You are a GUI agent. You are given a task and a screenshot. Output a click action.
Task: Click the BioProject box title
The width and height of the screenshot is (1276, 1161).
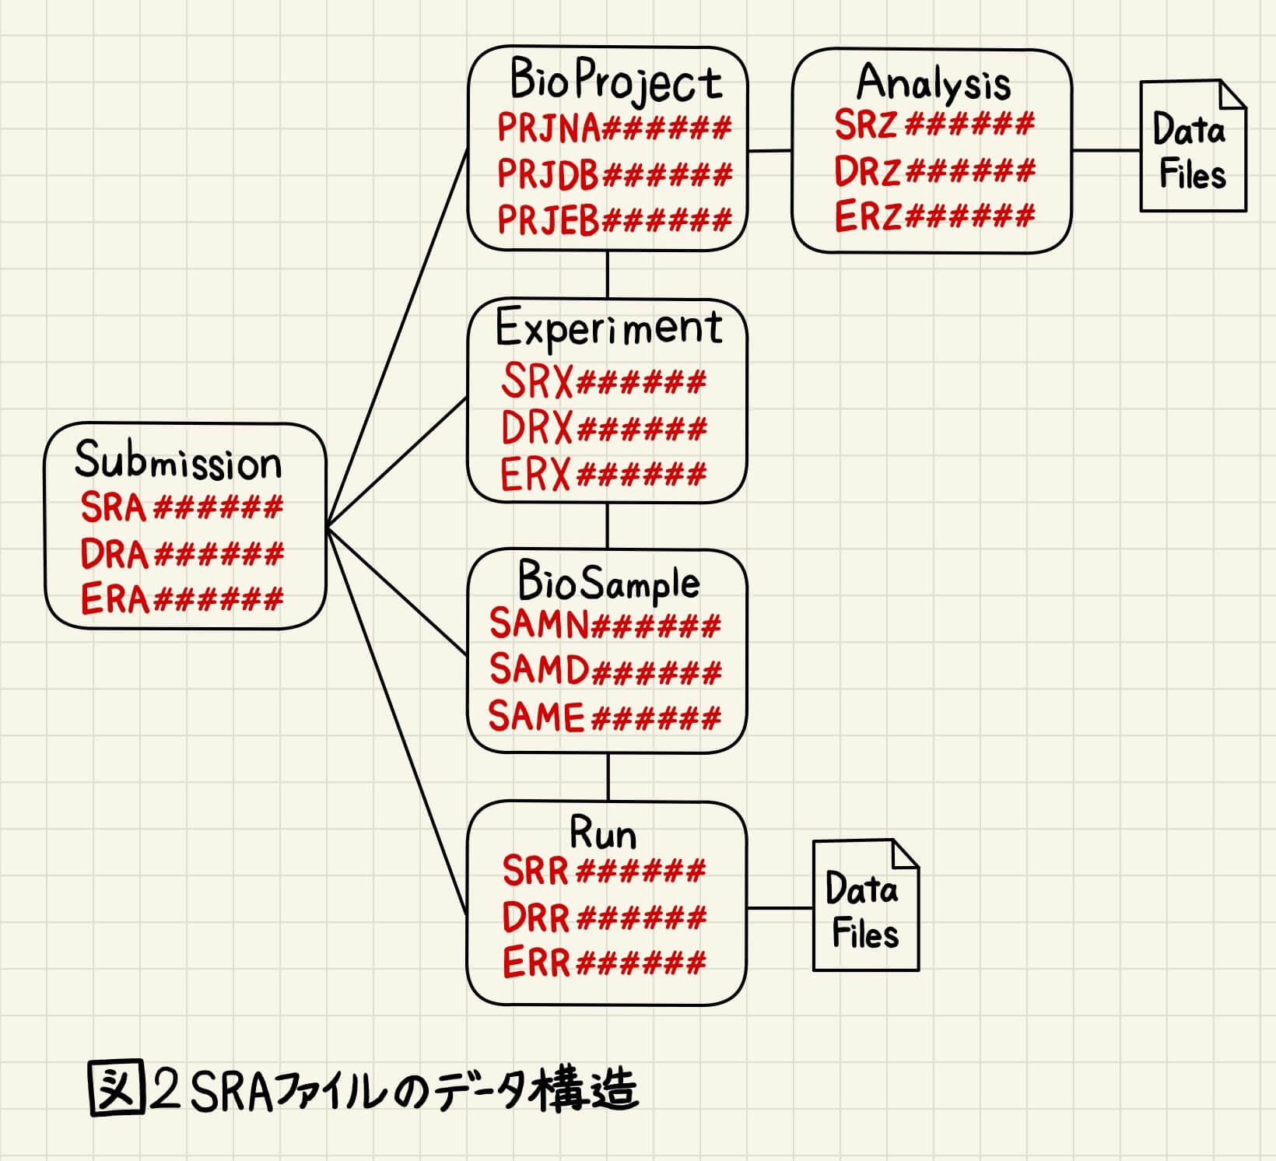(x=615, y=81)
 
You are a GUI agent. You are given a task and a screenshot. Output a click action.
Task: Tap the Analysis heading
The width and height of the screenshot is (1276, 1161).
(x=933, y=82)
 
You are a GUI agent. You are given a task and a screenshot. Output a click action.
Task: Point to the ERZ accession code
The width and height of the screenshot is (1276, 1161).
(x=934, y=216)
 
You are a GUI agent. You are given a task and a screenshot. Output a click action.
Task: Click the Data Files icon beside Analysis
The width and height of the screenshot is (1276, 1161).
(x=1192, y=148)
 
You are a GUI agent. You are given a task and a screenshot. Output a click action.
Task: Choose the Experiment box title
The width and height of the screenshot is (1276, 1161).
(x=608, y=328)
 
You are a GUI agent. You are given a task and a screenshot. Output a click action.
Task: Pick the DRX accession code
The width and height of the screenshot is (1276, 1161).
(x=603, y=428)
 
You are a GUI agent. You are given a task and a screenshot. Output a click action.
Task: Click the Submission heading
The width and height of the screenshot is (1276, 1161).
(x=178, y=461)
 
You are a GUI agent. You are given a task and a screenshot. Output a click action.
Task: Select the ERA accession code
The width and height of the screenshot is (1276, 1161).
(x=181, y=600)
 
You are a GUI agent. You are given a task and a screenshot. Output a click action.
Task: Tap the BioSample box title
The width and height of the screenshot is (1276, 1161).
(x=608, y=583)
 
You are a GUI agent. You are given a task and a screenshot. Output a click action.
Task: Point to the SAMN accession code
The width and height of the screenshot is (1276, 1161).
(x=605, y=624)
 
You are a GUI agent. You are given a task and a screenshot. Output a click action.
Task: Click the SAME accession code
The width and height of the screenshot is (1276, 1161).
(x=604, y=717)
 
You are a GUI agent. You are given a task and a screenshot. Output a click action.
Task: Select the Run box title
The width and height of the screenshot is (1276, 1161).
(x=603, y=834)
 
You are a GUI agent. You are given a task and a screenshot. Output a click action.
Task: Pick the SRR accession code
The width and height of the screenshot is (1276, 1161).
(x=603, y=871)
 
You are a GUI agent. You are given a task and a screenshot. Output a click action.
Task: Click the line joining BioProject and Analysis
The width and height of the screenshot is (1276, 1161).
(x=769, y=150)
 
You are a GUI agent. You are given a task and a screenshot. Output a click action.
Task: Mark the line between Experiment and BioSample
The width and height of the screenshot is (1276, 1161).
(x=608, y=526)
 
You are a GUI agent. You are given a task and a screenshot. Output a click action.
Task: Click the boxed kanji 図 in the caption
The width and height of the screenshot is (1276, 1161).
(x=117, y=1089)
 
